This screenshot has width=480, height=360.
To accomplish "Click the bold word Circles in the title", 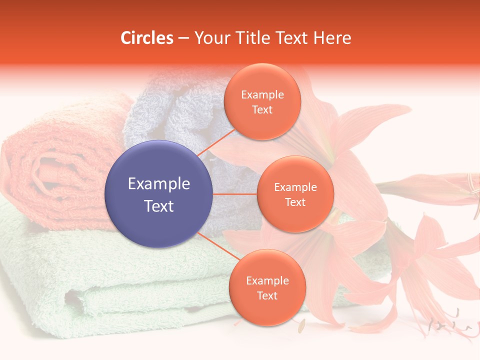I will tap(147, 38).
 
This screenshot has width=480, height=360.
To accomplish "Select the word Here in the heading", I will tap(332, 38).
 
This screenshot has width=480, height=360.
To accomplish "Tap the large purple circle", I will tap(158, 194).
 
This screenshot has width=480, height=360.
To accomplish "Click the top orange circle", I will tap(262, 101).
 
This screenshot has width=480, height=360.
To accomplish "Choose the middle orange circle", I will tap(295, 194).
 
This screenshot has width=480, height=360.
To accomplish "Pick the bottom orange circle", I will tap(267, 287).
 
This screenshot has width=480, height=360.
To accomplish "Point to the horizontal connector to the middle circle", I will tap(234, 194).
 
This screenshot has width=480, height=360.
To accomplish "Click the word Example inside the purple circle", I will tap(158, 183).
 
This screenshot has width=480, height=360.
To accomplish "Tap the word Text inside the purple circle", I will tap(158, 206).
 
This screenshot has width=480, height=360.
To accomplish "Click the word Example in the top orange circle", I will tap(262, 94).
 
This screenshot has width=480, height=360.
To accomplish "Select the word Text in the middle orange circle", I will tap(295, 202).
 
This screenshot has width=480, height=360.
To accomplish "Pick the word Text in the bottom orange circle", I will tap(267, 295).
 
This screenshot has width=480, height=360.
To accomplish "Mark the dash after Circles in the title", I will tap(183, 38).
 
